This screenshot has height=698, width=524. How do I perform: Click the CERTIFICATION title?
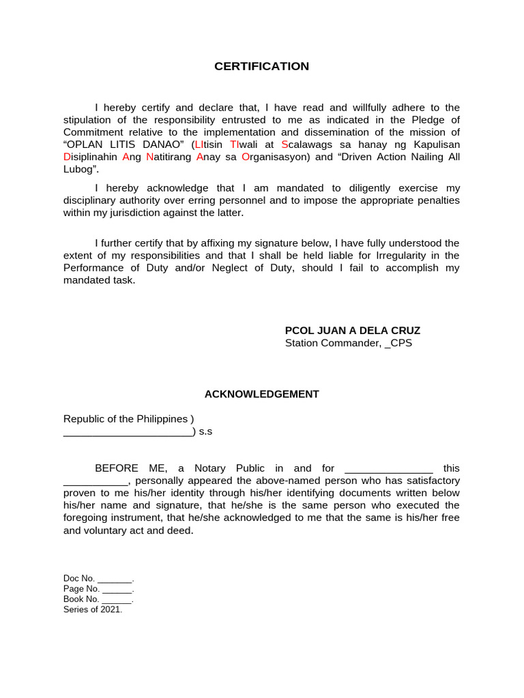pos(261,66)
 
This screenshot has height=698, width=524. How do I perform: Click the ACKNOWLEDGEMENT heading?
pos(262,394)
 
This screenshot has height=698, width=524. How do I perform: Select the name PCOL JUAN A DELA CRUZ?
pos(353,331)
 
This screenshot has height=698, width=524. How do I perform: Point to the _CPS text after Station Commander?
pos(398,343)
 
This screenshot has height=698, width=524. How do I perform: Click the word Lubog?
pos(81,169)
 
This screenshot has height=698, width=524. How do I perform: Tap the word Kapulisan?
pos(431,145)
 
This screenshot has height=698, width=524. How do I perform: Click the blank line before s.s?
pos(128,432)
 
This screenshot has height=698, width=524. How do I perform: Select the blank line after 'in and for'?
pos(389,469)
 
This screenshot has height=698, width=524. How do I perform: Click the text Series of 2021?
pos(93,609)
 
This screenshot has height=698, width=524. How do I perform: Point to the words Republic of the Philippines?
pos(126,419)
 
